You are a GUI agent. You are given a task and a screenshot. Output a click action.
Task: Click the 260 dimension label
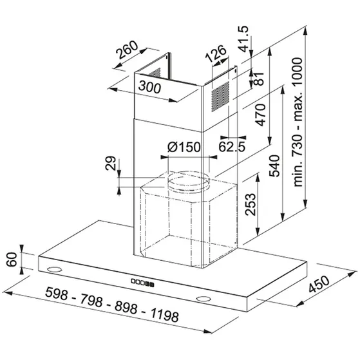(x=127, y=50)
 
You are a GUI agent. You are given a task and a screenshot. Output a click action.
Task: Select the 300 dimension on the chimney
(x=149, y=87)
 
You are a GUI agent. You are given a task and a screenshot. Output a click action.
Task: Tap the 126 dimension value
(x=216, y=53)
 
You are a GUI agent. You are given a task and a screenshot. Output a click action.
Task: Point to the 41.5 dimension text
(x=243, y=39)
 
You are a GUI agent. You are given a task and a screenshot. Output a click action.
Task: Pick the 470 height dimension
(x=261, y=115)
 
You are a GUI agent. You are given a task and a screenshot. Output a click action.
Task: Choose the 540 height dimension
(x=274, y=166)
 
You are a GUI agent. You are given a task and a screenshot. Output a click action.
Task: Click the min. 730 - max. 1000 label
(x=298, y=122)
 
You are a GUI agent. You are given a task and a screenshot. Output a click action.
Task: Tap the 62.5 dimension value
(x=232, y=147)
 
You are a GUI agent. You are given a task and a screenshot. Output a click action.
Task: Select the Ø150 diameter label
(x=184, y=147)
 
